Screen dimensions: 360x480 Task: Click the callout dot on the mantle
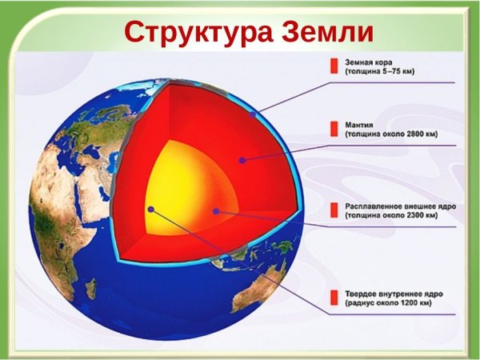pos(242,160)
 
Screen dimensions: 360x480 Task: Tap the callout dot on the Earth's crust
pos(253,115)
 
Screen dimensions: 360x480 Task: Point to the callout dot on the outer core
pos(216,211)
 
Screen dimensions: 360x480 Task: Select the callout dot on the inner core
pos(150,209)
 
